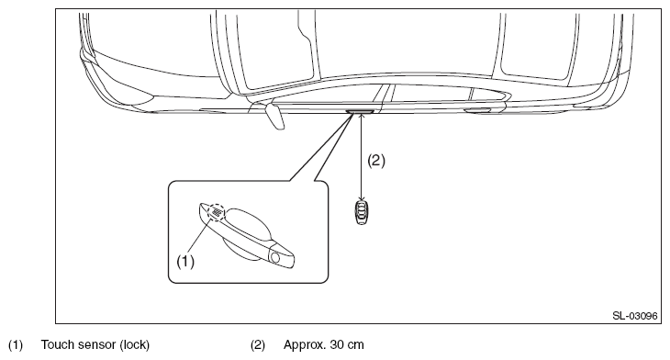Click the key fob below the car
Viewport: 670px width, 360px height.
(x=362, y=212)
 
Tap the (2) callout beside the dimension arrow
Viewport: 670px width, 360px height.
(x=376, y=161)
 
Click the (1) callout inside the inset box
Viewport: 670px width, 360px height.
(x=185, y=261)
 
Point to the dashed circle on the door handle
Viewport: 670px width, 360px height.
(x=216, y=212)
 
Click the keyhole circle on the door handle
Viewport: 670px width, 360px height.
(x=274, y=257)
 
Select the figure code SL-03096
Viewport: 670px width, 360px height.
(x=634, y=316)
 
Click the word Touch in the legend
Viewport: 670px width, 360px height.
(x=58, y=344)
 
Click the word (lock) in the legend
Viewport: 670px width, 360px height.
(x=135, y=345)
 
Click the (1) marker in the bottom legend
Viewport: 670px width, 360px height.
(x=16, y=345)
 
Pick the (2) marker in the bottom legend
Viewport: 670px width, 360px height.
(x=258, y=345)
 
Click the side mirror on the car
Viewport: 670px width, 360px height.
(x=274, y=115)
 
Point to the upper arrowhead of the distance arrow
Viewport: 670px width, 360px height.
(x=362, y=116)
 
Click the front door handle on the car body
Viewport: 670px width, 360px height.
(x=360, y=112)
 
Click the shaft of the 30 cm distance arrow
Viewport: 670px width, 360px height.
(x=362, y=157)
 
